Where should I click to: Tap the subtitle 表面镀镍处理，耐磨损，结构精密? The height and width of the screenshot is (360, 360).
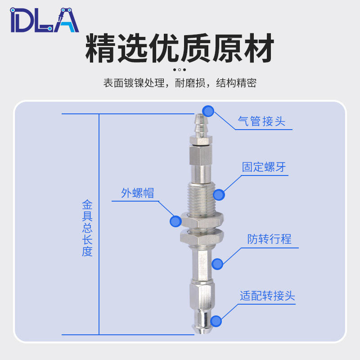click(x=180, y=83)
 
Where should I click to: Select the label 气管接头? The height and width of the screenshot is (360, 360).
click(x=261, y=121)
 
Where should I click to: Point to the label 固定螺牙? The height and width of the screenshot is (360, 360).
click(x=264, y=167)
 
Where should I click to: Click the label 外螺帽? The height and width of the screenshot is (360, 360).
click(x=138, y=193)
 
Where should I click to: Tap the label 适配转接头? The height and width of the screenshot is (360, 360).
click(x=267, y=296)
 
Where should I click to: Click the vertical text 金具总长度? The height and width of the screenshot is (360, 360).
click(x=87, y=228)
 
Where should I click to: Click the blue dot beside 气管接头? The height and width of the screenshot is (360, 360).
click(x=208, y=111)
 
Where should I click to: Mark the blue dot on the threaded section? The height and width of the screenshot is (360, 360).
click(x=219, y=194)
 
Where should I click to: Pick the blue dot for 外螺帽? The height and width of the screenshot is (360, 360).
click(x=175, y=221)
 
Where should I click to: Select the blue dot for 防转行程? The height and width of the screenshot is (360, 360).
click(x=217, y=264)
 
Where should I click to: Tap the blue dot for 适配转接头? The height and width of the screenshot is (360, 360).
click(x=216, y=321)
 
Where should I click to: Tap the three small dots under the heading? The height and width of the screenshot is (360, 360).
click(x=179, y=69)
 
